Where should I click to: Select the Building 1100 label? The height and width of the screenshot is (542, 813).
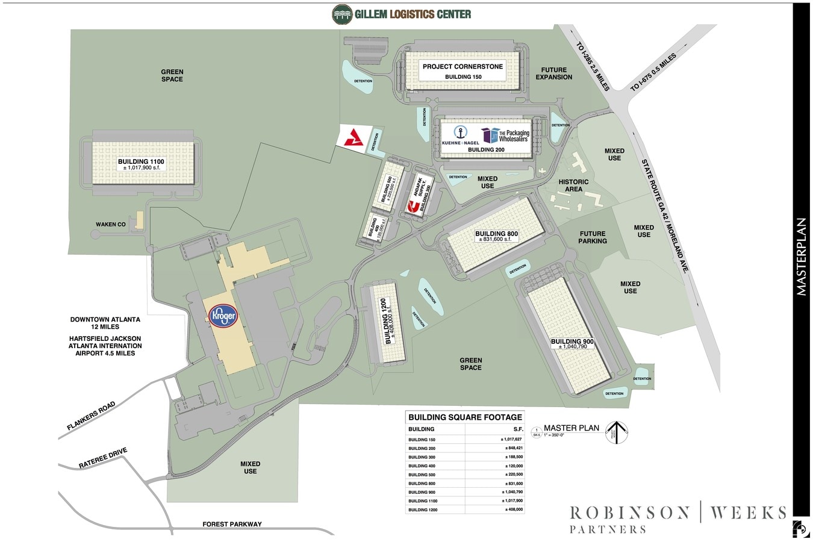point(141,161)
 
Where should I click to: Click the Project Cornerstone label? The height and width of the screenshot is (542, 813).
point(463,66)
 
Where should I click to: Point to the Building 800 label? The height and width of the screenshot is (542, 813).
point(496,234)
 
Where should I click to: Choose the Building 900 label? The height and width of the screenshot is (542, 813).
point(572,341)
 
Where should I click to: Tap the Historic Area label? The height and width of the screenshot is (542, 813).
point(573,185)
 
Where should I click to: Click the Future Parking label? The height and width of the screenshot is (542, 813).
point(593,237)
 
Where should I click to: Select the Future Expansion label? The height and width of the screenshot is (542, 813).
point(553,73)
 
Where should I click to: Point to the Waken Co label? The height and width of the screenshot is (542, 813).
point(111,225)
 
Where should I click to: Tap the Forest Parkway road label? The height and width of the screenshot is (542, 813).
point(232,524)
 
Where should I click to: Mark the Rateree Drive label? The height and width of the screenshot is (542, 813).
point(103,458)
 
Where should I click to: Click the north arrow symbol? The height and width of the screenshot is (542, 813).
point(616,432)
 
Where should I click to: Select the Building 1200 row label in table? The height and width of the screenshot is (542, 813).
point(422,509)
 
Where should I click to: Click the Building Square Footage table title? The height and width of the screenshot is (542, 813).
point(465,417)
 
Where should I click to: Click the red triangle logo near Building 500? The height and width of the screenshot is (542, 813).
point(350,138)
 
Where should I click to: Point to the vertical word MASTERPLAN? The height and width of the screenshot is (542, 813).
point(802,257)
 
